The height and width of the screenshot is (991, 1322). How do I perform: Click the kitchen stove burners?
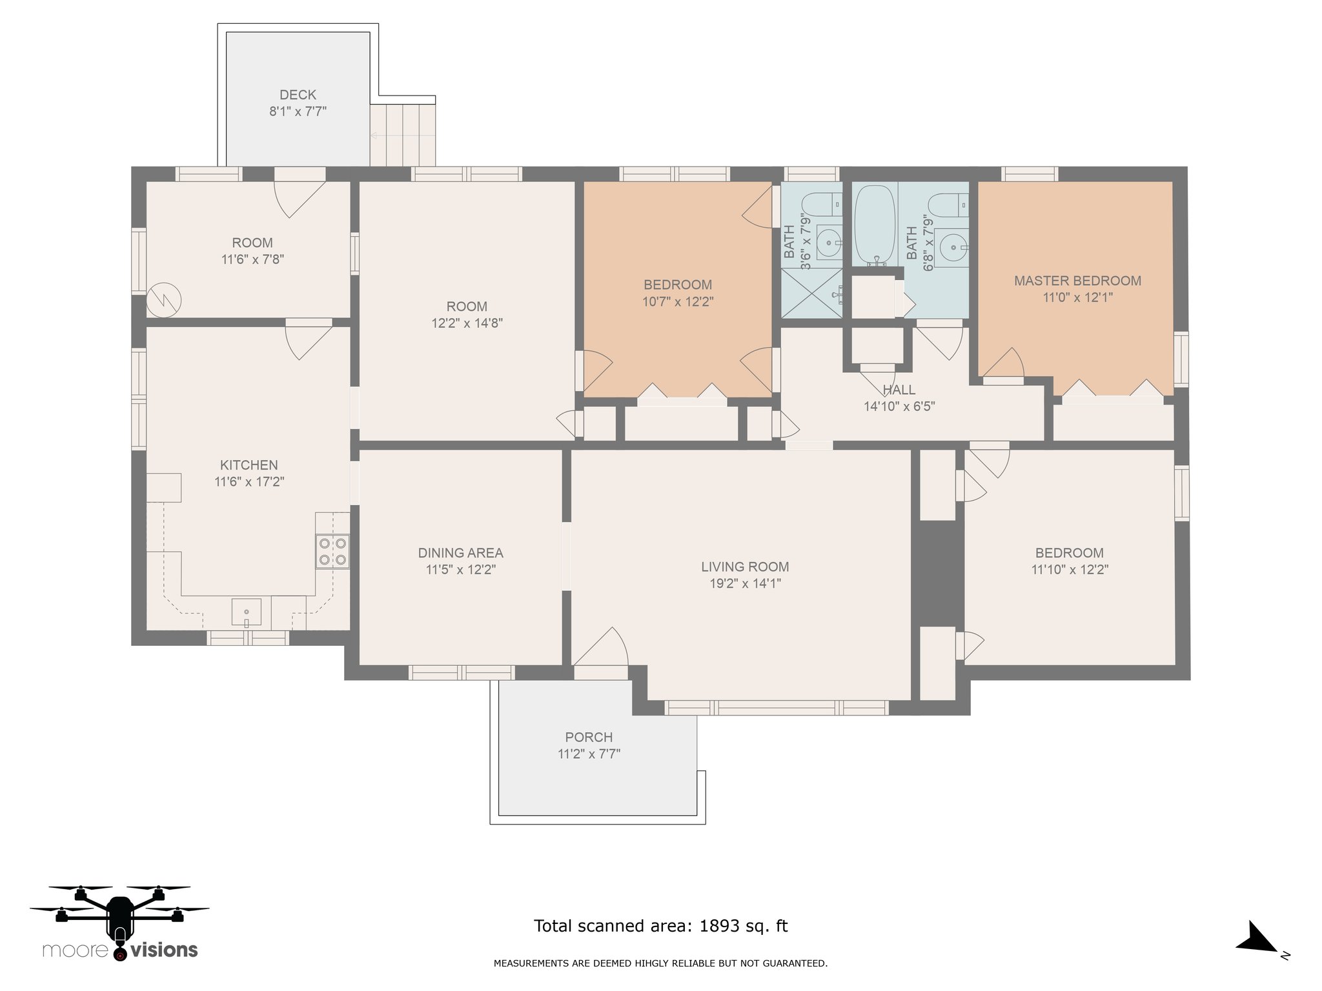click(332, 551)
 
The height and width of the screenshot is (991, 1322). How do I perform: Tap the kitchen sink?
click(247, 612)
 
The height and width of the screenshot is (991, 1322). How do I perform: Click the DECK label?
click(298, 95)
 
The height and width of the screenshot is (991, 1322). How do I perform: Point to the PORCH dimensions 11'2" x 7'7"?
click(589, 754)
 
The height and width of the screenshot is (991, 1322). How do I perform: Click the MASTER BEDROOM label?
click(1077, 281)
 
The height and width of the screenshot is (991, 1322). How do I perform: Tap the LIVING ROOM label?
click(745, 566)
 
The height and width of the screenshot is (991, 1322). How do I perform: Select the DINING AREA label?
click(460, 553)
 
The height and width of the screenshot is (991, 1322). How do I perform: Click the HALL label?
click(899, 390)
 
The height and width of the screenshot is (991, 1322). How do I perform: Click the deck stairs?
click(403, 135)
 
